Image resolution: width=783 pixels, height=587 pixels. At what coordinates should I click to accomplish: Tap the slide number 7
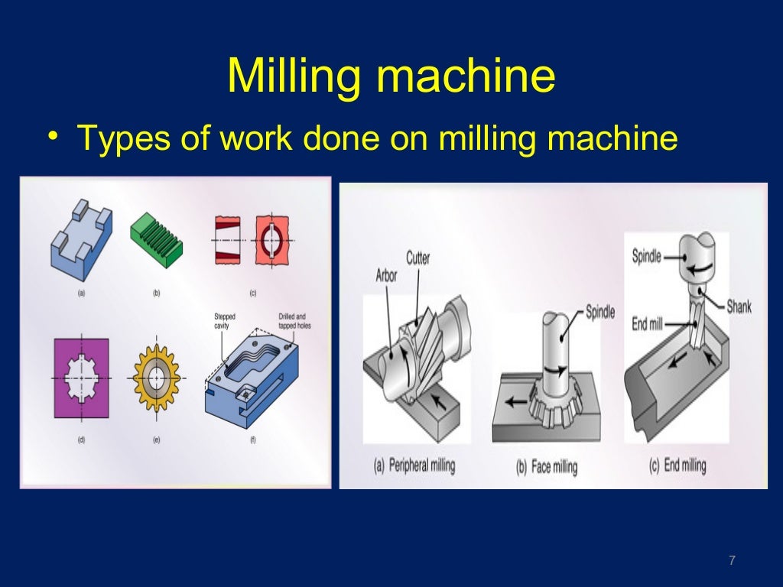pos(732,561)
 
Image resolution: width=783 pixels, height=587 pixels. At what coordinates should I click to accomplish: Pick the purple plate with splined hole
pos(81,378)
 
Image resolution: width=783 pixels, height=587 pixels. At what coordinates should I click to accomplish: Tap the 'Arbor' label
pos(386,274)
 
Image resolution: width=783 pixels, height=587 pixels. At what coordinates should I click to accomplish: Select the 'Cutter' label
pos(419,257)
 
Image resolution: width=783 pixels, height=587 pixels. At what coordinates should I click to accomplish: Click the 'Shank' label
pos(739,306)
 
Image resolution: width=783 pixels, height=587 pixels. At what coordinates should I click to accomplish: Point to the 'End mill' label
pos(646,324)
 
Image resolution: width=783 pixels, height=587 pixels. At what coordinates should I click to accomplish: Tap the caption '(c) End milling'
pos(677,465)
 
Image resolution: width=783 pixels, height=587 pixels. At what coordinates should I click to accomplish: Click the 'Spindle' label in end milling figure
pos(646,256)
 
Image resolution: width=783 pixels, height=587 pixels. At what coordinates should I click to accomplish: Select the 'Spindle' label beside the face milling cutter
pos(599,312)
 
